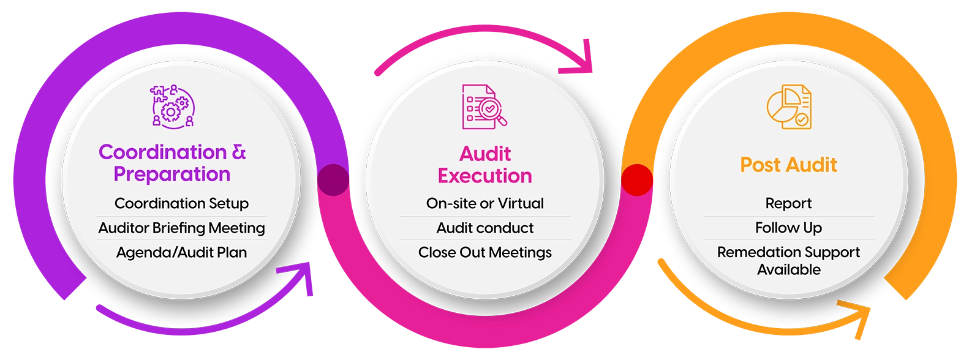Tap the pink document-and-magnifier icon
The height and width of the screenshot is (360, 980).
tap(484, 107)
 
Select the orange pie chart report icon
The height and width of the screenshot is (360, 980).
tap(789, 107)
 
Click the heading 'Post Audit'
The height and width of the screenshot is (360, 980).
tap(788, 165)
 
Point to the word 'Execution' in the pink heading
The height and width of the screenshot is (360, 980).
tap(484, 176)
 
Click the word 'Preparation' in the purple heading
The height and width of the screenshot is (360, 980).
tap(172, 174)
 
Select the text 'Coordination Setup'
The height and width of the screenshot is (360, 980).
tap(181, 203)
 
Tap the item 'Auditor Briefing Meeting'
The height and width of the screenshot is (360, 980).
tap(181, 228)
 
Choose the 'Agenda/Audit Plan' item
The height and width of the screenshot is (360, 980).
tap(181, 252)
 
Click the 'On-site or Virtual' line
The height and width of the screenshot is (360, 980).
tap(484, 203)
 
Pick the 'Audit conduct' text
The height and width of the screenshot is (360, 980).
tap(484, 228)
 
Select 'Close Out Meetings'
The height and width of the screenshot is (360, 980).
tap(484, 252)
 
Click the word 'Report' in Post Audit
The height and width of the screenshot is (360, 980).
tap(788, 203)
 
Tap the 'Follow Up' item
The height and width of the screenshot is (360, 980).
tap(788, 228)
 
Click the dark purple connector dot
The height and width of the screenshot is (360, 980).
tap(333, 180)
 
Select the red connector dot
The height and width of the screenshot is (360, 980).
tap(637, 180)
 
